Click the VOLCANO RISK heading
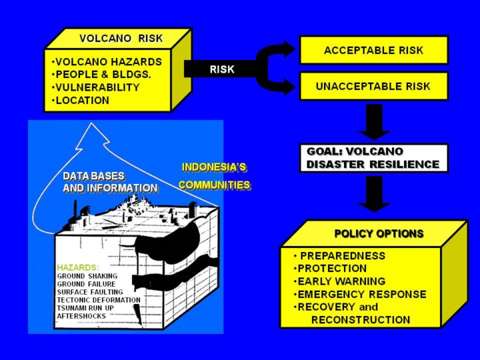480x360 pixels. pos(121,38)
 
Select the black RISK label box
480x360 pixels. pos(221,69)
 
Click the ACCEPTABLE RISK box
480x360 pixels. pos(373,50)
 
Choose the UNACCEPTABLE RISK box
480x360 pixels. pos(373,86)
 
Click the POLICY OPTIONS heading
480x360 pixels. pos(379,233)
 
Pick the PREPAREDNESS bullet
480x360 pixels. pos(340,255)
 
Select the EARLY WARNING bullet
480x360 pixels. pos(340,281)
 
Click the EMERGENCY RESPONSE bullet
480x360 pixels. pos(360,294)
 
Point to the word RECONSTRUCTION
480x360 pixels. pos(360,319)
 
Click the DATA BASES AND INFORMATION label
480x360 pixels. pos(110,182)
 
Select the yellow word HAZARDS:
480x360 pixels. pos(77,267)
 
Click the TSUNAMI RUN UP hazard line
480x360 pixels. pos(90,308)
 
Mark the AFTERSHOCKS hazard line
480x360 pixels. pos(81,316)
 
